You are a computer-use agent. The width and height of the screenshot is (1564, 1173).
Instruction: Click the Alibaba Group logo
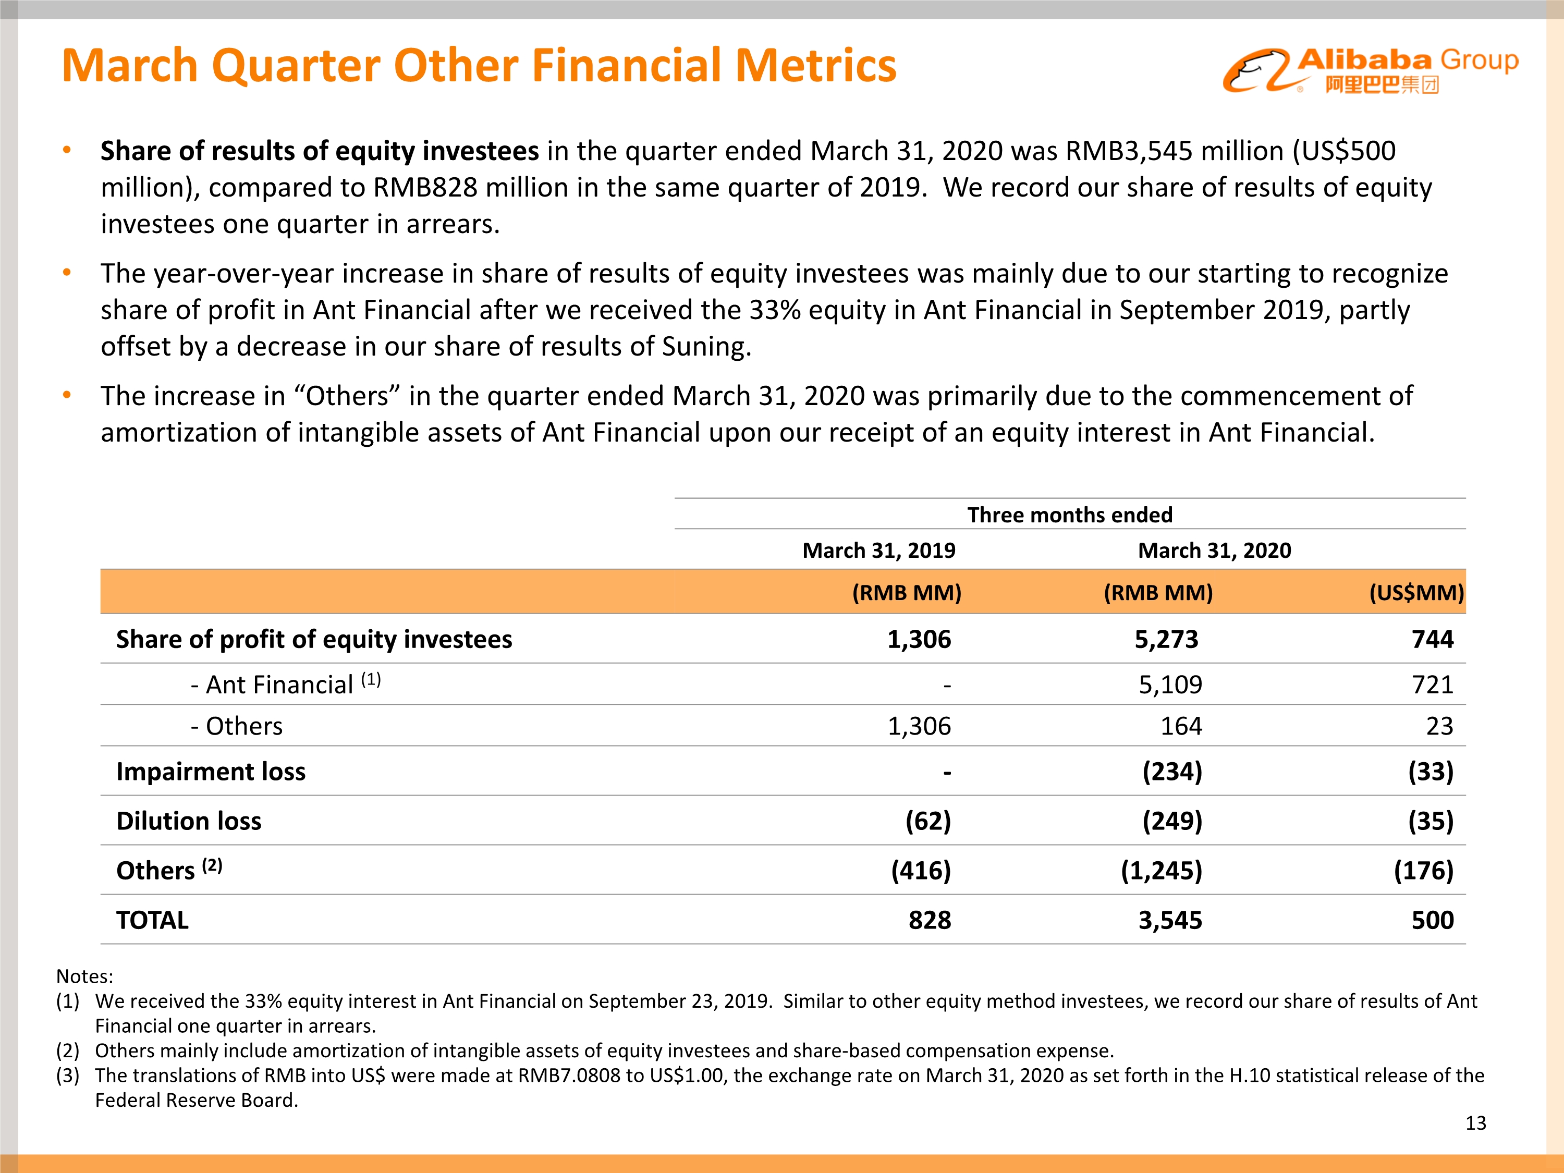tap(1370, 69)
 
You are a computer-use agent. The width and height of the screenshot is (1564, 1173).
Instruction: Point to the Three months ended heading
tap(1069, 515)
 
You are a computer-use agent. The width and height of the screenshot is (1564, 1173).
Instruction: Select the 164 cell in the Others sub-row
tap(1181, 726)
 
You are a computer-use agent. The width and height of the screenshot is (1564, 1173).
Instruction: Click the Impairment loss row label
tap(211, 772)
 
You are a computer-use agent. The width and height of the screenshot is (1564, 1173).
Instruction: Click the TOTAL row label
tap(152, 920)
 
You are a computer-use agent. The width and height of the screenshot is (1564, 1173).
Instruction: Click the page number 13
tap(1475, 1123)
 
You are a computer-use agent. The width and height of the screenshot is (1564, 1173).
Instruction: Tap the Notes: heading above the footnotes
tap(84, 976)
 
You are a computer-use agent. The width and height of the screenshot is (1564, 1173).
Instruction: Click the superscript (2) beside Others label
tap(212, 865)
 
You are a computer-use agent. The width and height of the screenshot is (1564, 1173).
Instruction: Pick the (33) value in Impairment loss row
tap(1431, 772)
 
